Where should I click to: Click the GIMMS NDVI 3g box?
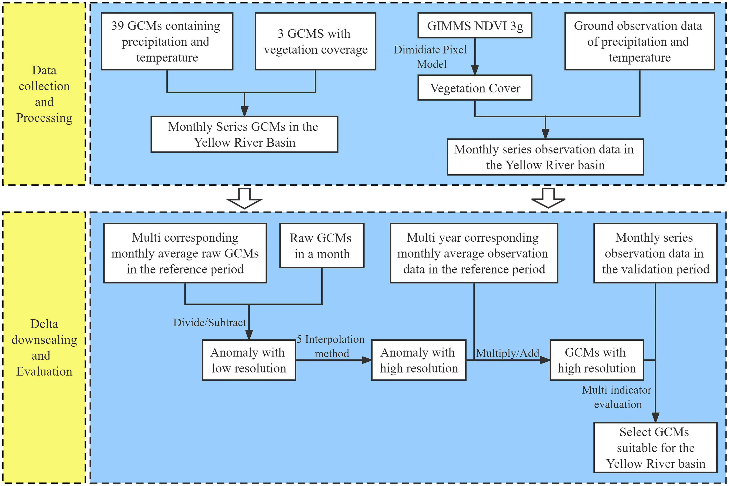475,25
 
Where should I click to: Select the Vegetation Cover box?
475,88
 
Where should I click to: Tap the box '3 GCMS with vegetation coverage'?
315,41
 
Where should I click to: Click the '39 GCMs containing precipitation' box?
167,41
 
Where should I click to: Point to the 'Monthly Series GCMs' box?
244,134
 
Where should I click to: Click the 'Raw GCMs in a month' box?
322,245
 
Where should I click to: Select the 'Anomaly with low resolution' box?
249,360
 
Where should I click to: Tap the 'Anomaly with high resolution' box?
419,360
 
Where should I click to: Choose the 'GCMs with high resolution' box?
597,360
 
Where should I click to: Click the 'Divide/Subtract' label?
210,323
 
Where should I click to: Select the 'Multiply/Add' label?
508,353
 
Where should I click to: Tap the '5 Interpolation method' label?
330,346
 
